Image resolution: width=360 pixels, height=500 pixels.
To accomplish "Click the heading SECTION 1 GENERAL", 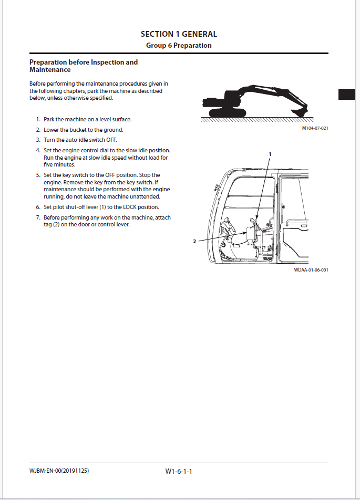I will pyautogui.click(x=179, y=34).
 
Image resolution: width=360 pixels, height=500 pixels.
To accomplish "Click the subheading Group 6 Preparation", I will pyautogui.click(x=179, y=45).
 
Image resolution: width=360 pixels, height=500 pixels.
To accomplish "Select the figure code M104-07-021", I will pyautogui.click(x=315, y=128).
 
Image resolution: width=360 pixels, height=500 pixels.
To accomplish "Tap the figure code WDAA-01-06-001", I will pyautogui.click(x=311, y=269).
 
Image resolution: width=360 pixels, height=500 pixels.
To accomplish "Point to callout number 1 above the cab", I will pyautogui.click(x=270, y=154).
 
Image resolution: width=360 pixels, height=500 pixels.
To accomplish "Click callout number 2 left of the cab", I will pyautogui.click(x=194, y=242).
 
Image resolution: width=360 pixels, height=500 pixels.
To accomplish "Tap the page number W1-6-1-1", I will pyautogui.click(x=179, y=472).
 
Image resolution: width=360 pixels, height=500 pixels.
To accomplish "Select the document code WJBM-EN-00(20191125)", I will pyautogui.click(x=59, y=471).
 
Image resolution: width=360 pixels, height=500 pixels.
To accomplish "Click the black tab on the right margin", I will pyautogui.click(x=347, y=94).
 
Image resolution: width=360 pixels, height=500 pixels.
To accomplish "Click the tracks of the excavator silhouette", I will pyautogui.click(x=227, y=113).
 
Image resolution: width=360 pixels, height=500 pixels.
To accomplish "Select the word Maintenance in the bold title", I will pyautogui.click(x=50, y=70).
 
